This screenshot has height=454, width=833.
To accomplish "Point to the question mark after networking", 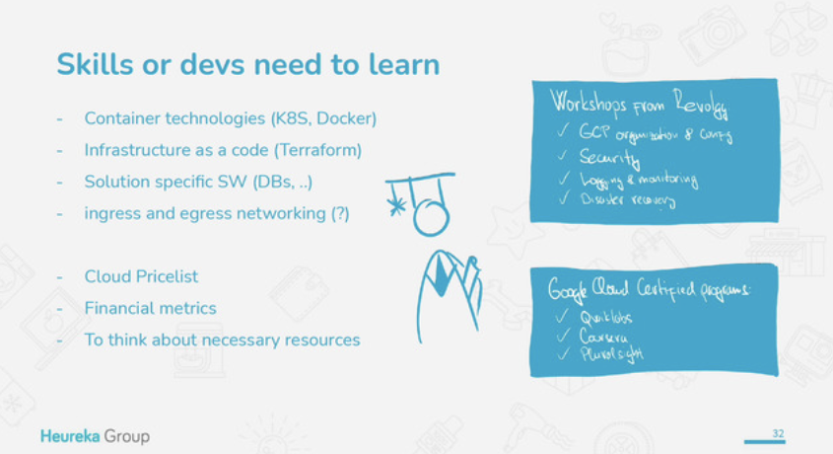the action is [339, 213].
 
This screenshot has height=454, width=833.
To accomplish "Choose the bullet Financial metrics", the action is [150, 308].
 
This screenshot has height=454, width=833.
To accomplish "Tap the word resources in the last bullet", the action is [325, 340].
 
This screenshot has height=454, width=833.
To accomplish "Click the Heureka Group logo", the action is [96, 435].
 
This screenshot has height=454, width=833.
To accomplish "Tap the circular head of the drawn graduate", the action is [430, 216].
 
